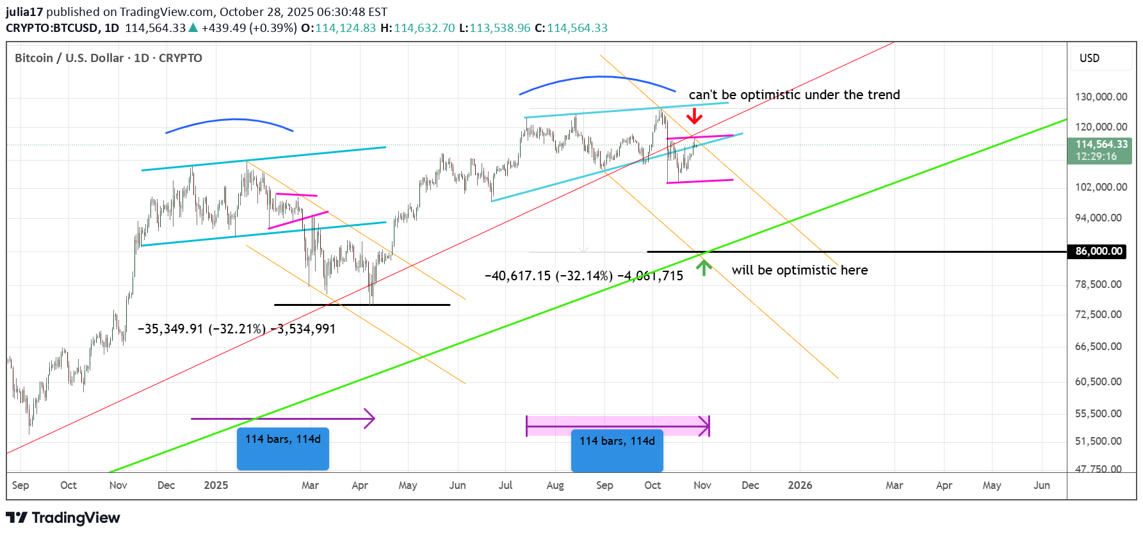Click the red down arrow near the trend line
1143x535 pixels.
694,116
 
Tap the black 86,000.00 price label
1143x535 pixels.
1098,252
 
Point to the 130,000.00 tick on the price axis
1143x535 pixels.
1101,97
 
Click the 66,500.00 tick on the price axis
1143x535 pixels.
1098,346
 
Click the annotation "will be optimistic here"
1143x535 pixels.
800,270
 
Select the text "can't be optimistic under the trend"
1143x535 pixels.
794,95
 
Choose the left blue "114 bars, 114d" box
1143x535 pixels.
283,449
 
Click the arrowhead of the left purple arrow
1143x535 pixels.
370,419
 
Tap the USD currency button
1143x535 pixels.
1089,58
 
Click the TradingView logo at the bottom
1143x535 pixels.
63,518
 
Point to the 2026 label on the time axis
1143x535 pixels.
800,485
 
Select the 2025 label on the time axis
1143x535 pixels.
216,485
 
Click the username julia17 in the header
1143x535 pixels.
24,12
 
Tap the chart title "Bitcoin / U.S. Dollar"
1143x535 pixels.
69,58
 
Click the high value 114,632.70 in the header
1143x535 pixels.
424,28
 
